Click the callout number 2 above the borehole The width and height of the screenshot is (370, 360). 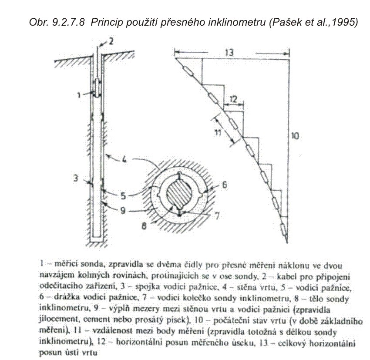coord(111,42)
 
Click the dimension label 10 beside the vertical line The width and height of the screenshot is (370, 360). coord(295,136)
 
